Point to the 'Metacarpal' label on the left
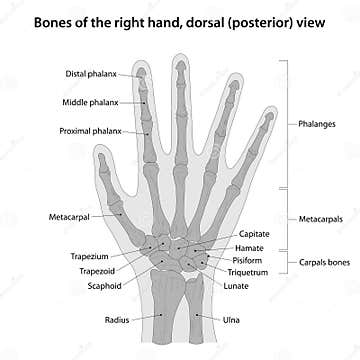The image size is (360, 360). (69, 216)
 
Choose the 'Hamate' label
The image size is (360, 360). (250, 247)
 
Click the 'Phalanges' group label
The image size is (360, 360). (316, 125)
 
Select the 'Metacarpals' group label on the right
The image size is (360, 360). (320, 217)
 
